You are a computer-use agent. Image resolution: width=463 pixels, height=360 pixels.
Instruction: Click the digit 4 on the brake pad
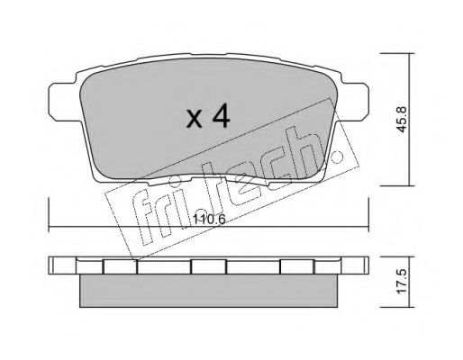pos(221,117)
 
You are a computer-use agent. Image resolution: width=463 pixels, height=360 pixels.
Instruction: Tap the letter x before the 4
pos(194,120)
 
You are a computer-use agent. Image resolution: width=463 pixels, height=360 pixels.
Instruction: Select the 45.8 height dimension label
pos(401,120)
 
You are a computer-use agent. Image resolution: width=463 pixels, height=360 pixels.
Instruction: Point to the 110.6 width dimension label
pos(209,220)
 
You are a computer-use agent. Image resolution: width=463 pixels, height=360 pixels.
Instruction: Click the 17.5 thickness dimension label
pos(401,282)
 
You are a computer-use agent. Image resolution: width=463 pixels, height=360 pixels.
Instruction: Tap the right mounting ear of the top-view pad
pos(355,102)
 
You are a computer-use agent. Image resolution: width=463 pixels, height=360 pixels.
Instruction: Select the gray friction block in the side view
pos(209,291)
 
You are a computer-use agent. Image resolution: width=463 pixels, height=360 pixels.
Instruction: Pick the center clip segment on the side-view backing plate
pos(208,266)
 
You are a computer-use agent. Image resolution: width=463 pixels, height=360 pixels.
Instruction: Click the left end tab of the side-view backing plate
pos(62,265)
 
